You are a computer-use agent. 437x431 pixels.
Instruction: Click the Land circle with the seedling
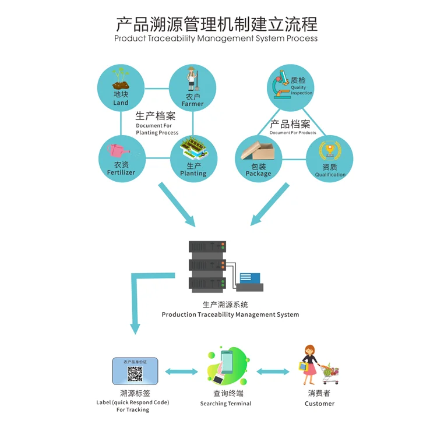tap(121, 88)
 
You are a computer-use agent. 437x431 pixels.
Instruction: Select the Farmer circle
tap(192, 88)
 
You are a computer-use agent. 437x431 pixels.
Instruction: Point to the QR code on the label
tap(135, 375)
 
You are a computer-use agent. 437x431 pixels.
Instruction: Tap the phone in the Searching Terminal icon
tap(225, 363)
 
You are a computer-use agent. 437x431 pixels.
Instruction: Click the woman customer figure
tap(309, 365)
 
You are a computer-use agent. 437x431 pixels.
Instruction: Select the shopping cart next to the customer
tap(330, 371)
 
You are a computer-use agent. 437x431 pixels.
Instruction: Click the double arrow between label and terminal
tap(181, 372)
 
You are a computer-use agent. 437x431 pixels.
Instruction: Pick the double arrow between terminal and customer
tap(273, 372)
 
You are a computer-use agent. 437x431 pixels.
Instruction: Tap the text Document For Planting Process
tap(157, 129)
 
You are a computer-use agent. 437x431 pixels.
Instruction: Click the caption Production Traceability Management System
tap(230, 315)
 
